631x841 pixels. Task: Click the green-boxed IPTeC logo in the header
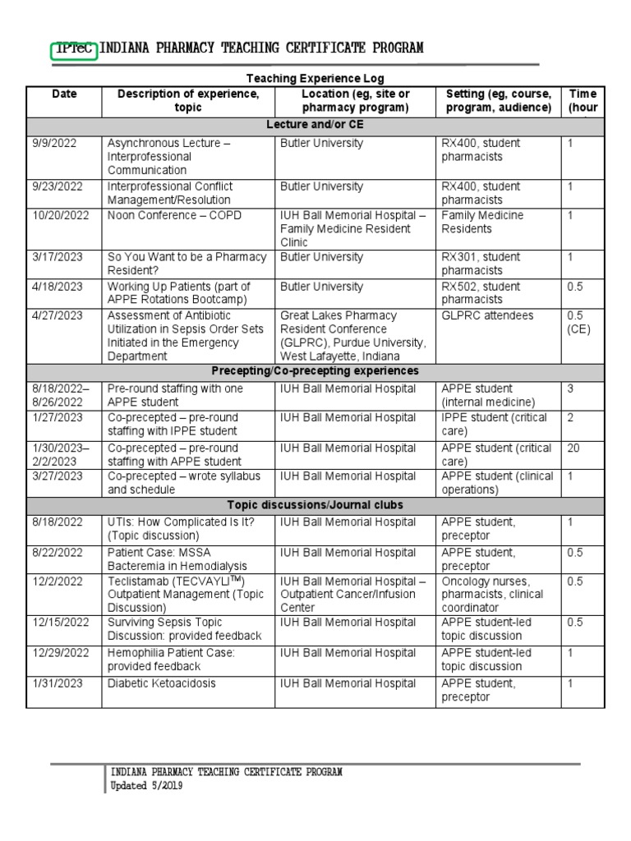74,48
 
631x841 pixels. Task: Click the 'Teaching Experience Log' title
315,78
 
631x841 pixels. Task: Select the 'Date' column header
64,94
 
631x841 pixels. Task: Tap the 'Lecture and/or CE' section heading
315,126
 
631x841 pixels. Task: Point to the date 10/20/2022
59,215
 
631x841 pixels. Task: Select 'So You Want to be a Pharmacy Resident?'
187,264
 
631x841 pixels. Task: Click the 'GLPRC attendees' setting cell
487,315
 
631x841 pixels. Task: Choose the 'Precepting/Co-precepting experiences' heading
315,371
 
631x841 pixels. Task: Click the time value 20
574,448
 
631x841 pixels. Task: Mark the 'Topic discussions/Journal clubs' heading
315,505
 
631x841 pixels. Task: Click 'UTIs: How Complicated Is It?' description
181,528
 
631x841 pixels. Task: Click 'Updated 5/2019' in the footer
147,786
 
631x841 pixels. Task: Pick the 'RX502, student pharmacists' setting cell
481,293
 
